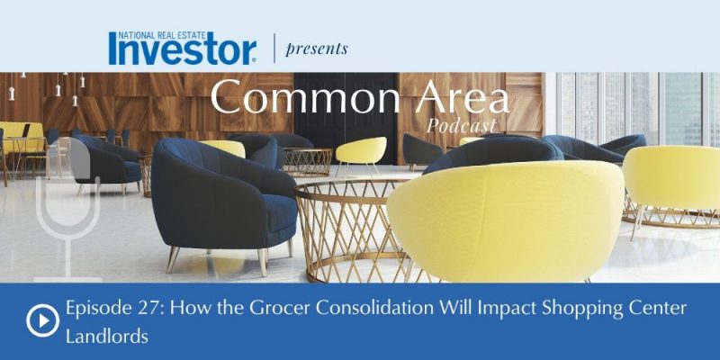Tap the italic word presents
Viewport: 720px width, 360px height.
(x=317, y=49)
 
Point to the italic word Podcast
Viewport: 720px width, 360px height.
(x=461, y=125)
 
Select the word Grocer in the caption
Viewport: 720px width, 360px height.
(x=280, y=308)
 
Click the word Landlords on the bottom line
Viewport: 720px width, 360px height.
(x=107, y=337)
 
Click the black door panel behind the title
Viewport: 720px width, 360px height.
(x=346, y=115)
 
